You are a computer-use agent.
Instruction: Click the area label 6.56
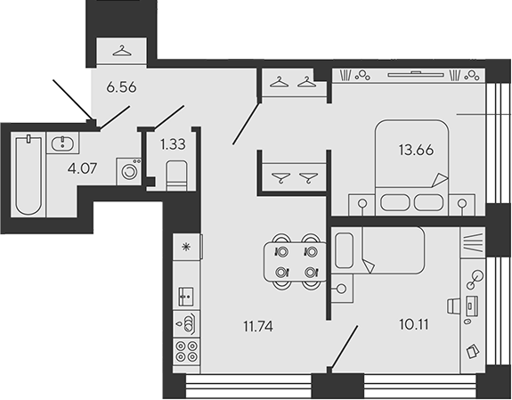click(x=121, y=87)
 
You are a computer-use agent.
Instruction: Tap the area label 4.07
click(x=82, y=168)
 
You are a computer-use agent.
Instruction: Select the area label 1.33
click(x=173, y=143)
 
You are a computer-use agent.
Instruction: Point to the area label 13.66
click(x=416, y=150)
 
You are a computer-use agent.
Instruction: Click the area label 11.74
click(x=258, y=326)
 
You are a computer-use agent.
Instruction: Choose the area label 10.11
click(x=414, y=324)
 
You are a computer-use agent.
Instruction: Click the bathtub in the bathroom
click(x=28, y=176)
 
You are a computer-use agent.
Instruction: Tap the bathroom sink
click(x=62, y=143)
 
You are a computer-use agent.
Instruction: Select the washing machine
click(x=129, y=171)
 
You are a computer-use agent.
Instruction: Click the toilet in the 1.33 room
click(x=177, y=176)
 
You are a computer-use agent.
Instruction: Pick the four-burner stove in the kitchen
click(x=186, y=351)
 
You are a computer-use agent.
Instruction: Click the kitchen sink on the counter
click(x=186, y=297)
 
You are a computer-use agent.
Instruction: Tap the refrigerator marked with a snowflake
click(x=186, y=247)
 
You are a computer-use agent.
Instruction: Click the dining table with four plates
click(x=296, y=261)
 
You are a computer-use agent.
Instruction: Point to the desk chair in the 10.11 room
click(x=453, y=307)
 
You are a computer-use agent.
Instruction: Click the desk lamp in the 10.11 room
click(x=475, y=280)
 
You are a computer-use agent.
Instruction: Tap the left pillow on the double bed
click(x=394, y=202)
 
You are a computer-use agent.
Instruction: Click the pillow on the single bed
click(x=345, y=250)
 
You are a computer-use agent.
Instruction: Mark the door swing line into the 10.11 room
click(x=344, y=347)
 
